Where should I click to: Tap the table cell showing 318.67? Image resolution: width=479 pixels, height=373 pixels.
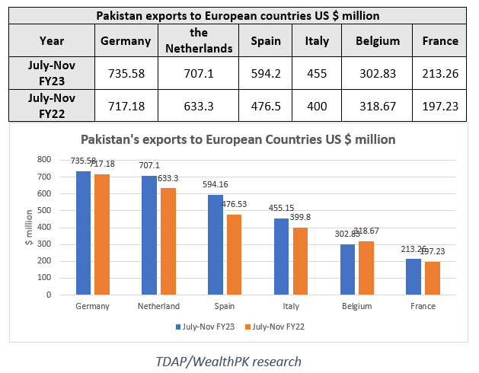click(x=377, y=106)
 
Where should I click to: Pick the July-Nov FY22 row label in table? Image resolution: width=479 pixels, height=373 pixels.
click(x=53, y=106)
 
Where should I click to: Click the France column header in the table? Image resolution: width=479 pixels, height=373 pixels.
click(x=439, y=40)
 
